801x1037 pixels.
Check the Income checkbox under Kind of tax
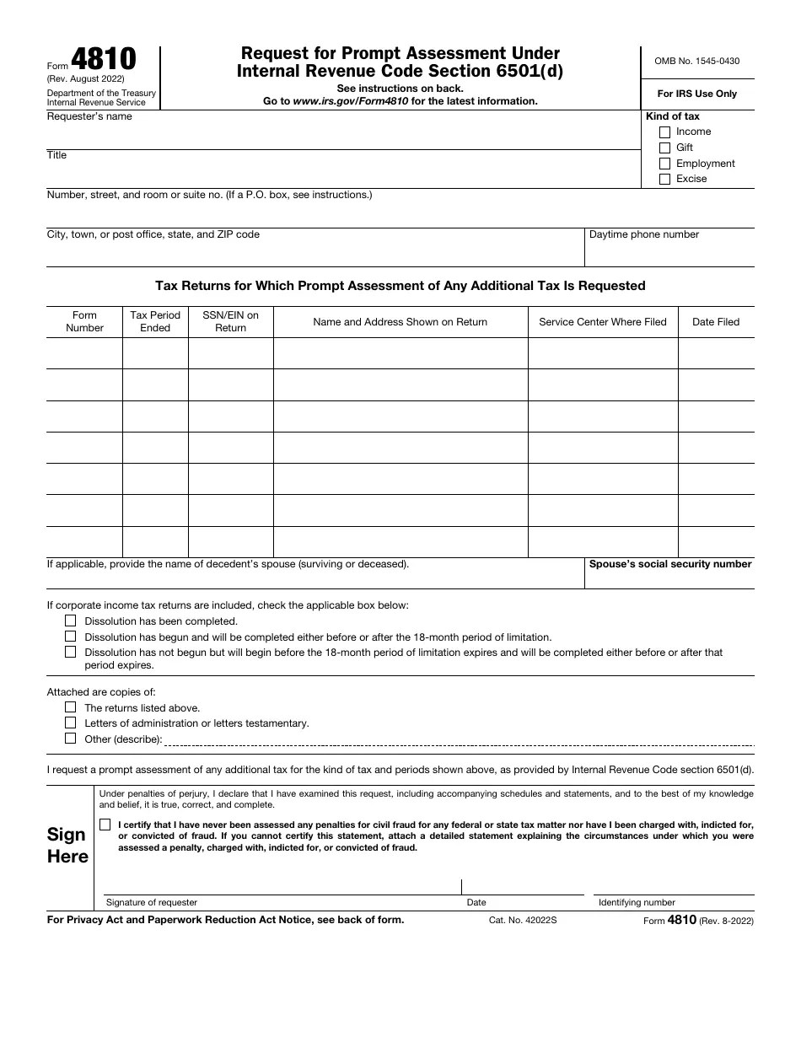coord(664,132)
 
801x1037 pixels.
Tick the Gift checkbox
coord(664,148)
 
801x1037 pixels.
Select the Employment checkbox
coord(664,164)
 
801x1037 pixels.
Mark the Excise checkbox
coord(664,179)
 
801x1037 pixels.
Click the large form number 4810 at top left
coord(103,60)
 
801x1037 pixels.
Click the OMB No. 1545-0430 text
coord(697,61)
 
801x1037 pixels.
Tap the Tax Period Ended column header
coord(155,321)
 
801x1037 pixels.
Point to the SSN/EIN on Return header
coord(230,321)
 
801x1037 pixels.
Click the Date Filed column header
coord(716,322)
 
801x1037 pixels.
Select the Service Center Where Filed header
coord(603,322)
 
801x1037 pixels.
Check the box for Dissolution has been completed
coord(71,621)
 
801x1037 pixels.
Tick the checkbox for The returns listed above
coord(71,707)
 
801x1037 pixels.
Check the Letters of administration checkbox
coord(71,723)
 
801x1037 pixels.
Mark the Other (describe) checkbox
coord(71,739)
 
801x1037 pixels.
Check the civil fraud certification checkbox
coord(105,825)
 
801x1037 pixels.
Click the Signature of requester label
coord(152,902)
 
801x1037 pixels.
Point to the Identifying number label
coord(637,902)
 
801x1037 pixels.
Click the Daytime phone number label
coord(644,234)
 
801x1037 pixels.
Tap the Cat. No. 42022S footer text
coord(523,920)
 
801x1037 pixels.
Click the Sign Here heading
coord(67,845)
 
